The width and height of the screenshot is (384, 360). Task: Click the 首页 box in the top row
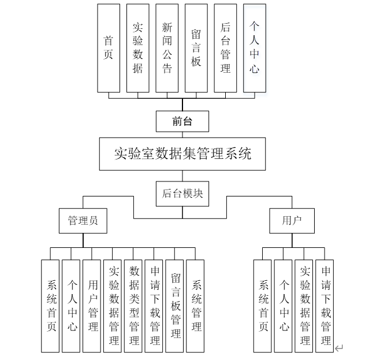tap(109, 48)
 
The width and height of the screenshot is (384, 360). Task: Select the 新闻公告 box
tap(167, 48)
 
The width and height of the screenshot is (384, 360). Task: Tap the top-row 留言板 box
tap(196, 48)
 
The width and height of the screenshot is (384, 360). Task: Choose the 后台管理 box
tap(226, 48)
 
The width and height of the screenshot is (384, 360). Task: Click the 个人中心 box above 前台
tap(255, 48)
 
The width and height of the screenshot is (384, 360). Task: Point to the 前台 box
tap(182, 121)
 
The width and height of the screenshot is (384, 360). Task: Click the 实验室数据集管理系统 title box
tap(182, 154)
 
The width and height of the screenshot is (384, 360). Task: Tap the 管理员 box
tap(83, 221)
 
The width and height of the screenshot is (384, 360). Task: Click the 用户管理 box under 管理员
tap(92, 306)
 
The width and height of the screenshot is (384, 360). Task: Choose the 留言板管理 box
tap(175, 306)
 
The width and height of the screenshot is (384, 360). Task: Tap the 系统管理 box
tap(196, 306)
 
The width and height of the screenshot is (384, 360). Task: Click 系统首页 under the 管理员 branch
tap(51, 306)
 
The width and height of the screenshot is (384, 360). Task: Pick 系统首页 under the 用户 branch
tap(263, 306)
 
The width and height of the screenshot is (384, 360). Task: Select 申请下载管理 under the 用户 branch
tap(325, 306)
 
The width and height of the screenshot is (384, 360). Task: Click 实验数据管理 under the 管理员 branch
tap(113, 306)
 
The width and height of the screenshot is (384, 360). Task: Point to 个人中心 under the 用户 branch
tap(284, 306)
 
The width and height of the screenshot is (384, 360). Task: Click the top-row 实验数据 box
tap(138, 48)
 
